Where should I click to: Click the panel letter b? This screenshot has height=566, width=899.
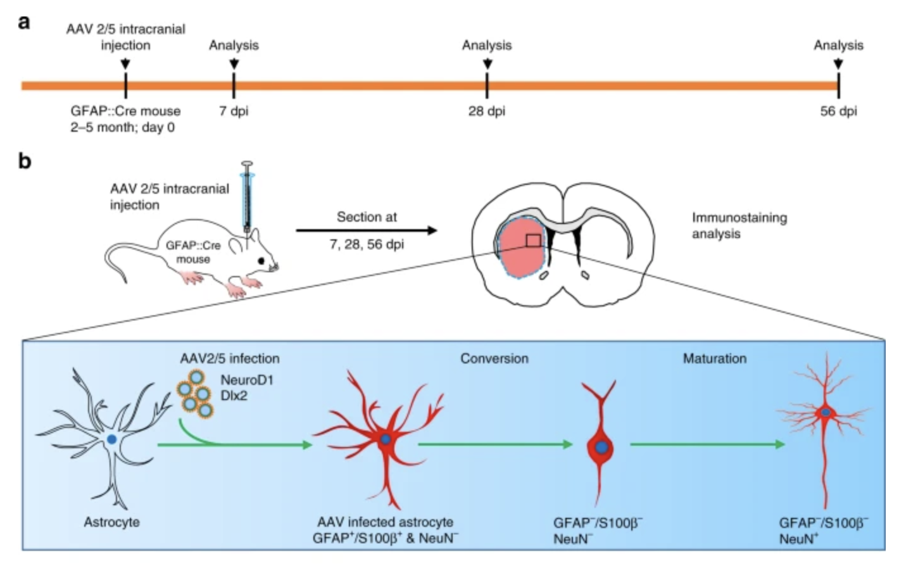24,161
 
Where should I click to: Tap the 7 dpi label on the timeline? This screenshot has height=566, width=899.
234,111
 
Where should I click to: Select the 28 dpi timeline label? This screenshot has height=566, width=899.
486,111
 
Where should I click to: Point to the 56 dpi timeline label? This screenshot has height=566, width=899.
838,111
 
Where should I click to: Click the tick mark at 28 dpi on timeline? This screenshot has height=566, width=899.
486,85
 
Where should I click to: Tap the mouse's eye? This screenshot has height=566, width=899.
261,260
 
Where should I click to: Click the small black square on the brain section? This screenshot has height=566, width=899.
533,241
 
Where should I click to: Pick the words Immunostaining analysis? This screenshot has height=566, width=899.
738,225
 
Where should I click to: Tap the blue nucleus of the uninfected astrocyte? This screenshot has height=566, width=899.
111,439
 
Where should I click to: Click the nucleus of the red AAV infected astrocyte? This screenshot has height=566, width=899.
385,439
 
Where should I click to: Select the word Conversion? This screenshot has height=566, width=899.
494,358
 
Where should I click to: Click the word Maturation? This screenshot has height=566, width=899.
714,358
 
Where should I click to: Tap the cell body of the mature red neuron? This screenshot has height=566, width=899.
826,413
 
